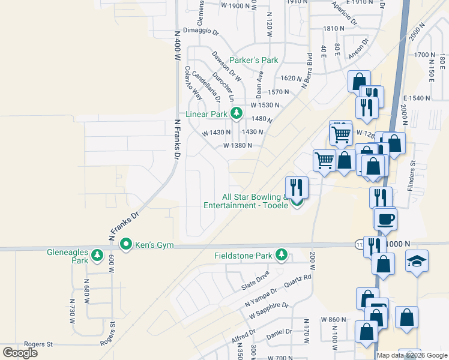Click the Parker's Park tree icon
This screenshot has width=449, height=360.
[288, 60]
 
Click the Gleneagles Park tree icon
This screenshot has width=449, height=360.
[97, 257]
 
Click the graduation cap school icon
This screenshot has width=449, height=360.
[417, 261]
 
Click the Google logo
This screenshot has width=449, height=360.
[20, 352]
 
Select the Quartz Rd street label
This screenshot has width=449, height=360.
[298, 281]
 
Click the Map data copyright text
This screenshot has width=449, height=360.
[412, 355]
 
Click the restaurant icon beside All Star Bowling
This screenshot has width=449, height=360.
[296, 187]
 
